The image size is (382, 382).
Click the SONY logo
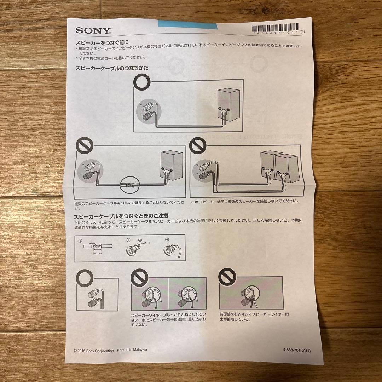(x=93, y=31)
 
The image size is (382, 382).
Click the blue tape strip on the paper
(x=187, y=24)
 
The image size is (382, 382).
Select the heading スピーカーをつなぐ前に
(x=102, y=43)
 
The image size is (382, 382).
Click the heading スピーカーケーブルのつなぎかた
(x=112, y=68)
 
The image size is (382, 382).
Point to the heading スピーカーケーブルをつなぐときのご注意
(x=121, y=216)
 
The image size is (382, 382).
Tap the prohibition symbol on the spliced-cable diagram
(x=85, y=146)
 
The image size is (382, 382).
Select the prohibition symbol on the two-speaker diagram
(x=198, y=145)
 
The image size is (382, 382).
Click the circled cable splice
(x=129, y=185)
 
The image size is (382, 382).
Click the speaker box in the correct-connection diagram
(x=228, y=105)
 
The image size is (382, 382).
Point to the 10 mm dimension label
(x=97, y=253)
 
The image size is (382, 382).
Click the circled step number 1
(x=80, y=241)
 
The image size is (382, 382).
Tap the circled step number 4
(x=167, y=239)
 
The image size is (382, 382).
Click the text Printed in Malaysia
(x=132, y=350)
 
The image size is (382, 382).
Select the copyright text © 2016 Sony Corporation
(x=94, y=351)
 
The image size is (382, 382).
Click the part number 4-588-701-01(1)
(x=297, y=350)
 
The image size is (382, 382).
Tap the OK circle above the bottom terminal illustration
(x=85, y=278)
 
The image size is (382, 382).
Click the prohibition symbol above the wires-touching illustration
(x=227, y=277)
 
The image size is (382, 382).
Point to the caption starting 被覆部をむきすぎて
(x=254, y=317)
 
